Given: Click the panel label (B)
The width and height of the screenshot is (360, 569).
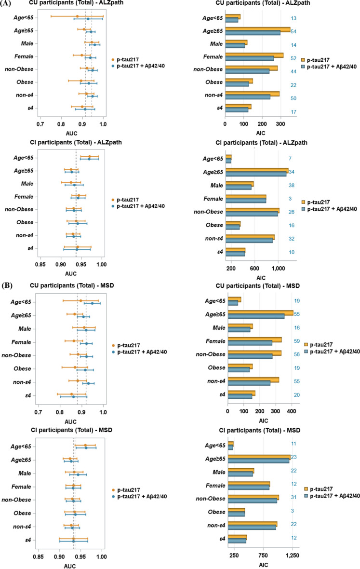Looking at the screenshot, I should click(x=8, y=285).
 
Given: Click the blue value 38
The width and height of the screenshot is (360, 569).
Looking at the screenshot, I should click(x=291, y=185).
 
